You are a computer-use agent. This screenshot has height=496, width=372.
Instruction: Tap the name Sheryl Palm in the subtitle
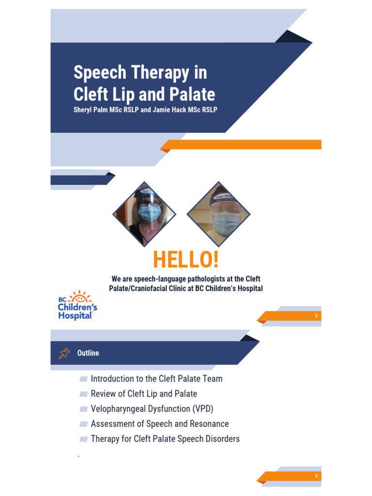tap(91, 109)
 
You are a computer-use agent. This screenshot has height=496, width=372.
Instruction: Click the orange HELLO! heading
tap(186, 260)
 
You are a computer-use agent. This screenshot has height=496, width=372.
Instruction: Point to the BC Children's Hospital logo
tap(77, 305)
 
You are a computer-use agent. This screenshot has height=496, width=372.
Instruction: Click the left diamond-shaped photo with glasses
tap(144, 214)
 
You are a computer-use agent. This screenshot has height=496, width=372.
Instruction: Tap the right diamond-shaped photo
tap(218, 214)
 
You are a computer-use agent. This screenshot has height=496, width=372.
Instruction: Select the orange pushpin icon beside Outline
tap(64, 354)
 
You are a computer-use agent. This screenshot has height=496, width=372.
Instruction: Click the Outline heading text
tap(88, 353)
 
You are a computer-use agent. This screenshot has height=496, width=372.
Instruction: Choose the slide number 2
tap(316, 316)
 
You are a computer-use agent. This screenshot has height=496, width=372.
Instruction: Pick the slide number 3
tap(316, 476)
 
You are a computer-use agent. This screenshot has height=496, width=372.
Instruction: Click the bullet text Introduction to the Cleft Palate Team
tap(156, 379)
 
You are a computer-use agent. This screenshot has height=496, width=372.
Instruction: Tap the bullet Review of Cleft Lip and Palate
tap(144, 394)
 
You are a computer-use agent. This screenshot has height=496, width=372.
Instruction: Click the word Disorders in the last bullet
tap(222, 439)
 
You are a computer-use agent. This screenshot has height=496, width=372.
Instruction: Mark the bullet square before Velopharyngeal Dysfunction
tap(83, 409)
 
